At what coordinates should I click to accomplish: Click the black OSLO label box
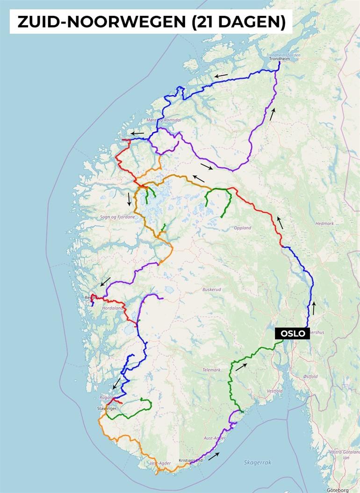(x=292, y=333)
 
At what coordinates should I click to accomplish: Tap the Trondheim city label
(x=279, y=59)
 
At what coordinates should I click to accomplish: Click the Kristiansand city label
(x=191, y=460)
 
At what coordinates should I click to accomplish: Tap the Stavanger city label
(x=106, y=408)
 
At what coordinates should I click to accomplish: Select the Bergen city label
(x=91, y=298)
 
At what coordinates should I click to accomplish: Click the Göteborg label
(x=338, y=490)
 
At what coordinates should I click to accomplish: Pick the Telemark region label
(x=211, y=370)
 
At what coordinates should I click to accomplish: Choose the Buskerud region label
(x=211, y=289)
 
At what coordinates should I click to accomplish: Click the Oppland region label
(x=243, y=228)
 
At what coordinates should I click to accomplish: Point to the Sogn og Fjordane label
(x=117, y=217)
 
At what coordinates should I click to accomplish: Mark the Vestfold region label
(x=274, y=391)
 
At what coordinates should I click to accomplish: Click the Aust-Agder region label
(x=215, y=438)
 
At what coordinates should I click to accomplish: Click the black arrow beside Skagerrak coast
(x=214, y=456)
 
